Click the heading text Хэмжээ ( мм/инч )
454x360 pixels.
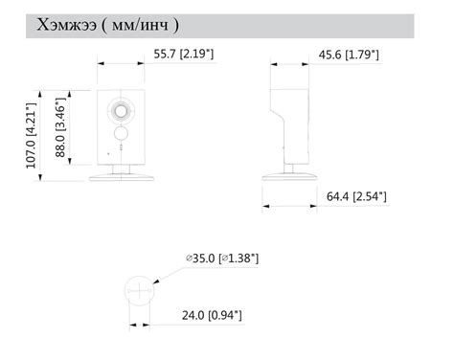point(108,25)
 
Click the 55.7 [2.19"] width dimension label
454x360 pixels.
point(184,54)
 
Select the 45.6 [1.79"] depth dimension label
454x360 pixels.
point(349,55)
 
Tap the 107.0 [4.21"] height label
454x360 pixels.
point(32,135)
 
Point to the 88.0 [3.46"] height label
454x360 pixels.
point(60,127)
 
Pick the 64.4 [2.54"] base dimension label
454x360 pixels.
point(356,196)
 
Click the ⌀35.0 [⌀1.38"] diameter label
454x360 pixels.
point(222,258)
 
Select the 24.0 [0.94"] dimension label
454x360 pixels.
point(212,315)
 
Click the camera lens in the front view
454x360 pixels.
point(121,111)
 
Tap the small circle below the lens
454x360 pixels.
point(121,133)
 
